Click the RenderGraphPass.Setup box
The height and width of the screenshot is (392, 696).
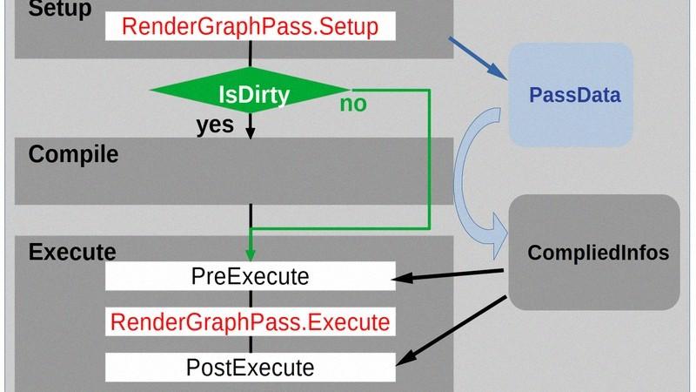click(251, 26)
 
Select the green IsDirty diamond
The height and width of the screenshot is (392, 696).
click(251, 91)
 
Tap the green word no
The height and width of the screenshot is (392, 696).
click(353, 104)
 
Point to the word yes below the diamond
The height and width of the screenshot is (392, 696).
click(215, 125)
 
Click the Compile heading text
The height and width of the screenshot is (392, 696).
click(73, 154)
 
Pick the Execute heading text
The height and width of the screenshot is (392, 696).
click(72, 252)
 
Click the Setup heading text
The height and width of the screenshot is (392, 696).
click(60, 9)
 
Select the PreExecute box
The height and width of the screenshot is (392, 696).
click(251, 276)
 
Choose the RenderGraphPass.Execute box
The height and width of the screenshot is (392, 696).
click(251, 321)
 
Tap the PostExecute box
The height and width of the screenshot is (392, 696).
click(251, 368)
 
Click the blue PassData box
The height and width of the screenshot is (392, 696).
click(571, 95)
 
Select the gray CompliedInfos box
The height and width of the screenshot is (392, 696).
click(594, 252)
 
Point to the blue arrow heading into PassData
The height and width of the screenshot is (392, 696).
click(478, 58)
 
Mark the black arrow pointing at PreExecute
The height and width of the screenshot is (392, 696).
click(447, 274)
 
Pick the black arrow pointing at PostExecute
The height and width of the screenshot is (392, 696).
click(451, 331)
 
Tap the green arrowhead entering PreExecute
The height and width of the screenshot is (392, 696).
click(251, 254)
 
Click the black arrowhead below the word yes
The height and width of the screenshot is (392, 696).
click(251, 133)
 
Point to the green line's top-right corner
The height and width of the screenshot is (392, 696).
click(429, 91)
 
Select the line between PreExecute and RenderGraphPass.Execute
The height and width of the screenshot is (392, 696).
click(251, 299)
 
